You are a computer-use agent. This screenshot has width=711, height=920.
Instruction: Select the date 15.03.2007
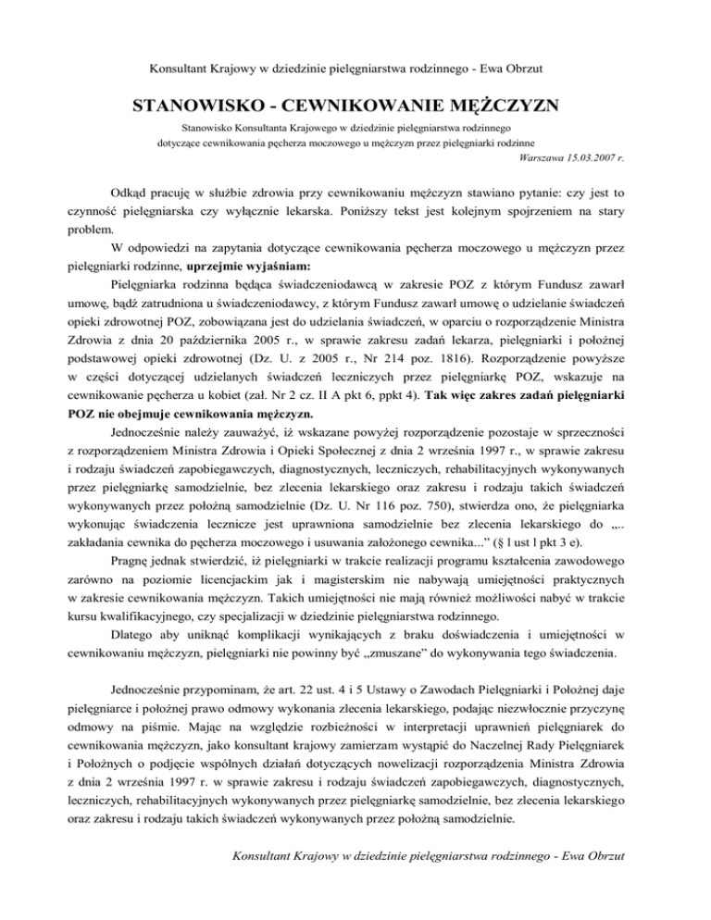coord(585,158)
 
